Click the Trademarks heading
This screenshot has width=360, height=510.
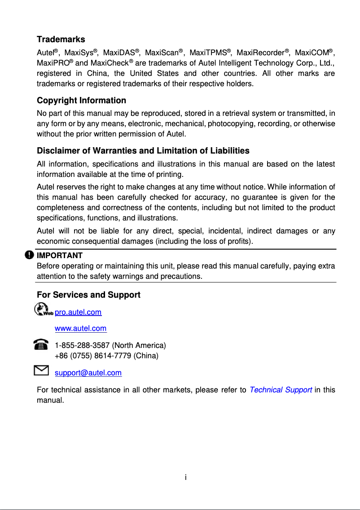[61, 40]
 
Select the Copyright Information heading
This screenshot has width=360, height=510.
[81, 100]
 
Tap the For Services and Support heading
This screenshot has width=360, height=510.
[88, 295]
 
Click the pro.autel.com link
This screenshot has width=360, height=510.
[78, 312]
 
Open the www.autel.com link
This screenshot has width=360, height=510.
[80, 328]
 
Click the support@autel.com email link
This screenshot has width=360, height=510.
[88, 373]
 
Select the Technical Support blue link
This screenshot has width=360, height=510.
[281, 390]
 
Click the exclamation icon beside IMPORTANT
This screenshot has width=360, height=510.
[29, 255]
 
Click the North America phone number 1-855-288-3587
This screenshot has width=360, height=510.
[83, 345]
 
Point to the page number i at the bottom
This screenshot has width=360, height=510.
[185, 477]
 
